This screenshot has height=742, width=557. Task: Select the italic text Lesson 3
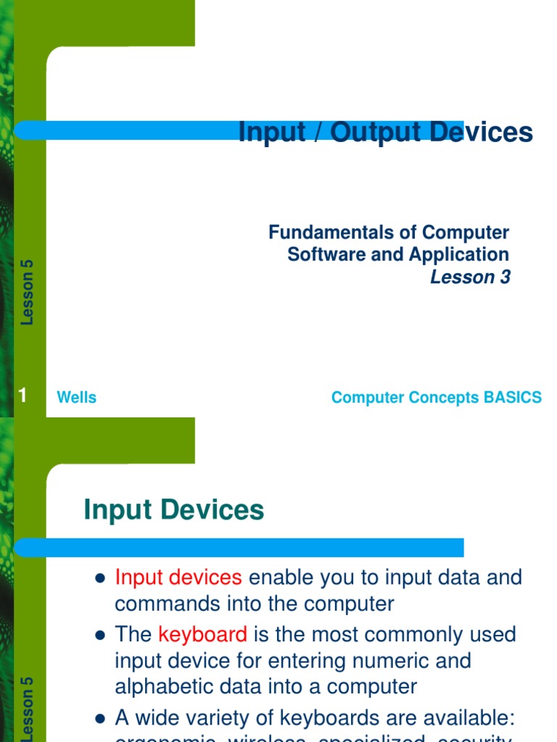(x=470, y=277)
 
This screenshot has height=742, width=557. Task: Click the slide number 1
(x=22, y=396)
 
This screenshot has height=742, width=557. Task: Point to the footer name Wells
(x=76, y=398)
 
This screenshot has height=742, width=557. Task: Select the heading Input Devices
(x=174, y=510)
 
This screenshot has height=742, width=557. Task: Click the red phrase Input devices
(x=178, y=578)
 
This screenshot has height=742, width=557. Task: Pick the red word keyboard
(x=203, y=634)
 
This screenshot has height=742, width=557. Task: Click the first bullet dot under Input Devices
(x=101, y=578)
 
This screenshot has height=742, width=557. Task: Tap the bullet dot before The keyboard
(x=101, y=635)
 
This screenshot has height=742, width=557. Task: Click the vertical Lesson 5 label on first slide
(x=28, y=291)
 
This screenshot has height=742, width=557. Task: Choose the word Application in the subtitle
(x=458, y=255)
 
